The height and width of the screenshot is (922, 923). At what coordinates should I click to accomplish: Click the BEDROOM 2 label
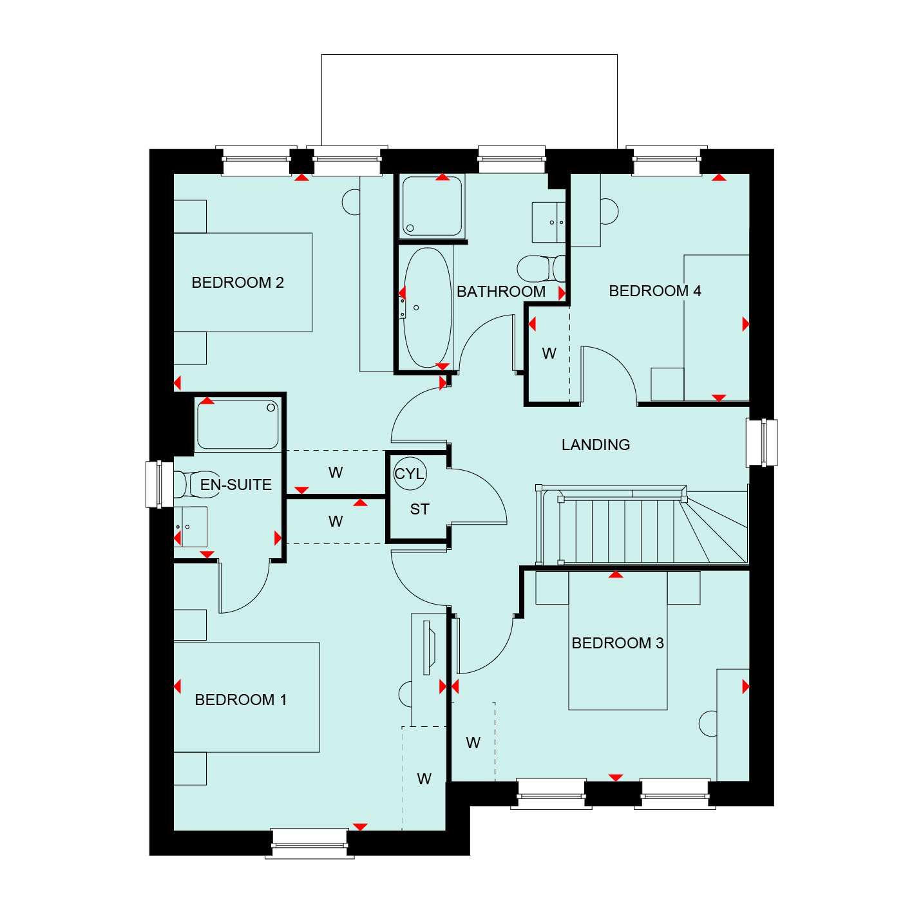pos(238,283)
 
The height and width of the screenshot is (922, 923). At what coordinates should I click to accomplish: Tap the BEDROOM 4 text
pos(655,291)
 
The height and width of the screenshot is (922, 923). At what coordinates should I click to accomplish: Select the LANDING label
pos(595,444)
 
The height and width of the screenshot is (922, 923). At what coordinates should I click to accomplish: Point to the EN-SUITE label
pos(236,485)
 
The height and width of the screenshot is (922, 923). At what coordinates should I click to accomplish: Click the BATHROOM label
pos(501,291)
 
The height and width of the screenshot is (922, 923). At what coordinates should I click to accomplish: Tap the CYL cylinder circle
pos(410,473)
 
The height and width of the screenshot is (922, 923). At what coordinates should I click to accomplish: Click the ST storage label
pos(419,509)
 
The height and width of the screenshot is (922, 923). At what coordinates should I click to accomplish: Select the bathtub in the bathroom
pos(427,308)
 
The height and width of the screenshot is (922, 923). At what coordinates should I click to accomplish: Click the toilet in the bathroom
pos(541,268)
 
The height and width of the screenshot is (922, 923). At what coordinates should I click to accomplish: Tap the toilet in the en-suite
pos(196,484)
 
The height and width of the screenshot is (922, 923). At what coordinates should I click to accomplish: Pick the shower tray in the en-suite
pos(238,424)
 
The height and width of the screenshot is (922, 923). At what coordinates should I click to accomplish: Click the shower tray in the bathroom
pos(432,206)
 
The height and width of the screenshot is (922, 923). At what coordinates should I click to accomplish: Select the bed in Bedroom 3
pos(618,641)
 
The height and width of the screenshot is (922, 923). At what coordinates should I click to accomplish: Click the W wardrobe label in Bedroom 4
pos(549,353)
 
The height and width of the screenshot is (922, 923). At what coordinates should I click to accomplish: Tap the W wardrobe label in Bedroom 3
pos(473,743)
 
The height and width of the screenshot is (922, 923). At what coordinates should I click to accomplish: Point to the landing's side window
pos(761,442)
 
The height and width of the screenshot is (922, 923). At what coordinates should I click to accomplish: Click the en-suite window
pos(160,484)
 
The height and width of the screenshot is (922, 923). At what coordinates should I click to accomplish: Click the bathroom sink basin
pos(549,222)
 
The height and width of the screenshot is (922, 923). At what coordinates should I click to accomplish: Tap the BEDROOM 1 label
pos(240,700)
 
